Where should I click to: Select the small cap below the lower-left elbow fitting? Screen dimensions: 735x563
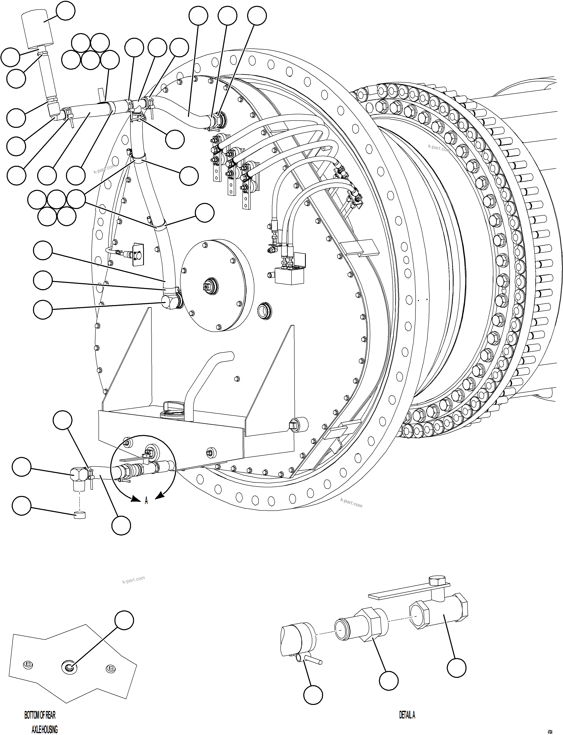79,515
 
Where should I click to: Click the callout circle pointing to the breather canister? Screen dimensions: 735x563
65,11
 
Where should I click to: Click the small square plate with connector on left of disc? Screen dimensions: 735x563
137,254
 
